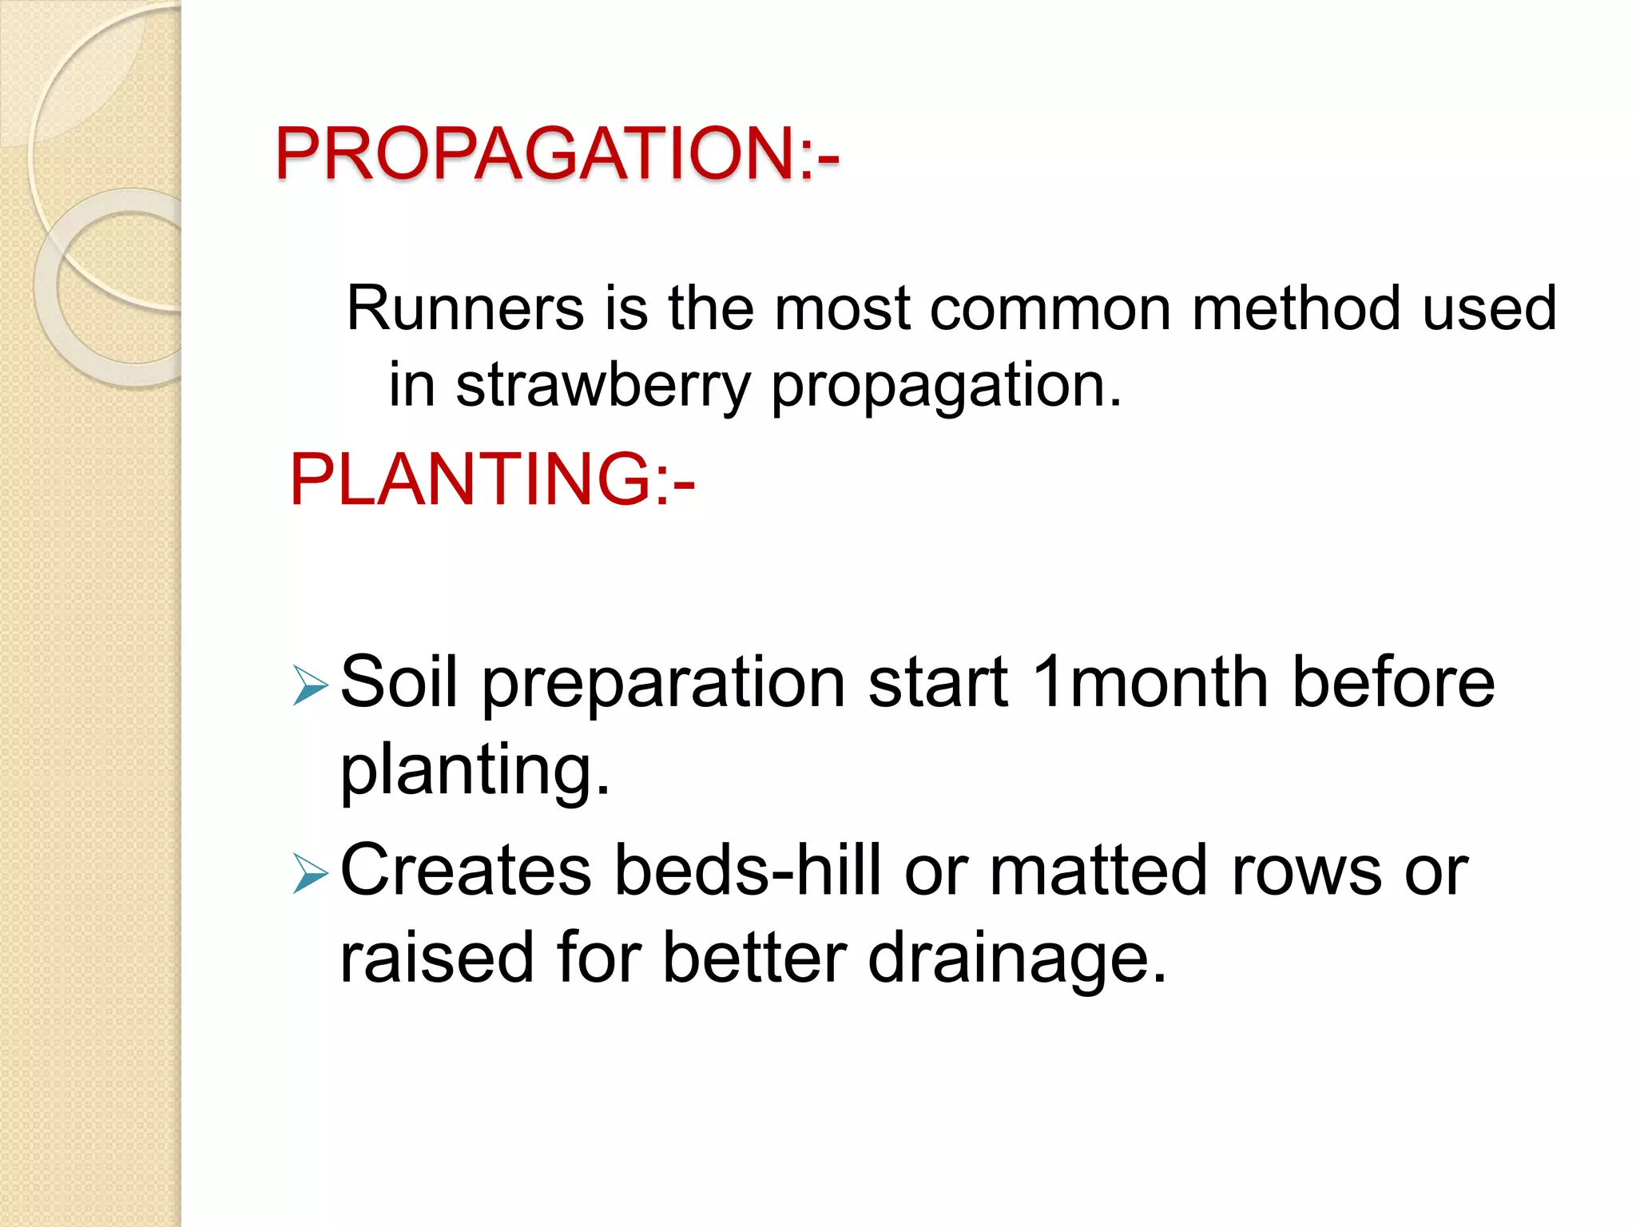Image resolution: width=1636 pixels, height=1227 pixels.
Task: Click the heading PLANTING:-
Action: point(492,479)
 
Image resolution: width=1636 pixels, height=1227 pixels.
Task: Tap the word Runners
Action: point(465,308)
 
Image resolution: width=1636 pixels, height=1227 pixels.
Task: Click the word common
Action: point(1050,310)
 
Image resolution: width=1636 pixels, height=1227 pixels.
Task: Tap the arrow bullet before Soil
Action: point(310,685)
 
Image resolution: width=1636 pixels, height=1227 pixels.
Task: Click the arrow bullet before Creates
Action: point(310,873)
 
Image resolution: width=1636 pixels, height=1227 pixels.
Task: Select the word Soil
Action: point(399,682)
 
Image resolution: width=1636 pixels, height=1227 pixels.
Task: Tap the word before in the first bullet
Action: point(1393,682)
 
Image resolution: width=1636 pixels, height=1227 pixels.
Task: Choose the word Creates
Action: point(466,871)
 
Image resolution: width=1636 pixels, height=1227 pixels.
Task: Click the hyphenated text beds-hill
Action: point(748,871)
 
